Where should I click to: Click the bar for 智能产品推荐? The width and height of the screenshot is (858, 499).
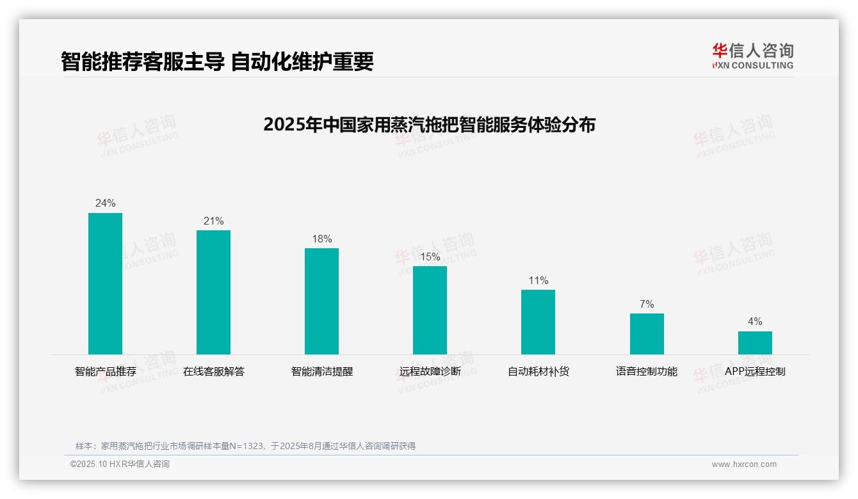pos(105,283)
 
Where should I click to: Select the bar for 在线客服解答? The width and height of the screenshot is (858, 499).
pos(213,292)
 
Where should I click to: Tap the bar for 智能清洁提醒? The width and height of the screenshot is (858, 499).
pos(321,301)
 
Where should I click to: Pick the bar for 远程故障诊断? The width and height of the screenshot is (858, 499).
pos(430,310)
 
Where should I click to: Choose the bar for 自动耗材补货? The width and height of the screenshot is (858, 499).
pos(538,322)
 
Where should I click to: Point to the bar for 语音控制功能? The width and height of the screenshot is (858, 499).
pos(647,334)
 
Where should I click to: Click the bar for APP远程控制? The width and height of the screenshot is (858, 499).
pos(755,343)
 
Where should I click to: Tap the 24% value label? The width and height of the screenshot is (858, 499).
pos(105,203)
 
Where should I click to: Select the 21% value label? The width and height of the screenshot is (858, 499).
pos(213,221)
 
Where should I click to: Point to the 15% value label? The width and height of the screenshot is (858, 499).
pos(430,257)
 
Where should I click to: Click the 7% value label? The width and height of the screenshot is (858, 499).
pos(647,305)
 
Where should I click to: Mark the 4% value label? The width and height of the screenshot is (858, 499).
pos(755,322)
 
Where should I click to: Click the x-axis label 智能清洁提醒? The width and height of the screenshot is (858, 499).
pos(321,372)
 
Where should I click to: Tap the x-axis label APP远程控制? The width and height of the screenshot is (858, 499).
pos(755,372)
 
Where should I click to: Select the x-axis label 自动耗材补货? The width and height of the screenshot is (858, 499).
pos(538,372)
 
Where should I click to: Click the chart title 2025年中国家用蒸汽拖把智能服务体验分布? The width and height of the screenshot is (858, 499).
pos(429,124)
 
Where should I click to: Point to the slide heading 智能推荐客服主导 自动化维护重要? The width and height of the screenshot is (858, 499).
pos(217,61)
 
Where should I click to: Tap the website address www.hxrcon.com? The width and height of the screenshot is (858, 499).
pos(743,464)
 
